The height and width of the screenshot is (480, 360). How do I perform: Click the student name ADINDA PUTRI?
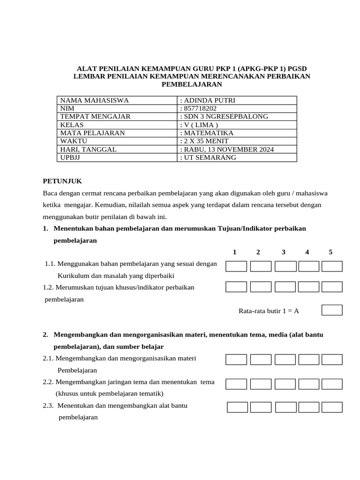[x=209, y=100]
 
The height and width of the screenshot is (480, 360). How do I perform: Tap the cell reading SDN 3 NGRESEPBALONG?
[x=224, y=116]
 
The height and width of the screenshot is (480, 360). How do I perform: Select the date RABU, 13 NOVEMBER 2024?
[x=227, y=149]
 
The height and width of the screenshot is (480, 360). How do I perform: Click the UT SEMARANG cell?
[x=208, y=157]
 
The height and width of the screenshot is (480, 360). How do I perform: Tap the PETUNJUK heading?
[x=62, y=180]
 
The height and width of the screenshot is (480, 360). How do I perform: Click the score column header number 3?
[x=284, y=252]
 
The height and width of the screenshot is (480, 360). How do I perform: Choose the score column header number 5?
[x=330, y=252]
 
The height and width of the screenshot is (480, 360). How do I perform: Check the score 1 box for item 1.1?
[x=236, y=266]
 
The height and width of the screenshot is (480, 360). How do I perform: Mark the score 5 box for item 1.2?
[x=332, y=286]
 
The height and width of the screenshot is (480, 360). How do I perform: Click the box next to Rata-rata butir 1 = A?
[x=332, y=310]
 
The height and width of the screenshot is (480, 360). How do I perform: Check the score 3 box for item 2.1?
[x=285, y=360]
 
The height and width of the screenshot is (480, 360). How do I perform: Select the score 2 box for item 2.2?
[x=261, y=384]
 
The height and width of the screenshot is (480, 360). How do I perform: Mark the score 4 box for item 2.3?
[x=309, y=407]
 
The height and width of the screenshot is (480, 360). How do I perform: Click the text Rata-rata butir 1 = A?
[x=269, y=310]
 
